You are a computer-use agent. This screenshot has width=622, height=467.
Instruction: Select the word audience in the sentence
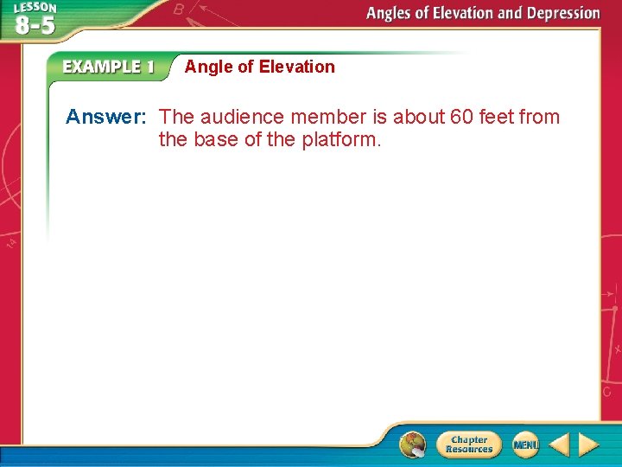[x=242, y=117]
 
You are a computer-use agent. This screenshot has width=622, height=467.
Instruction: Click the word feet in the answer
[x=498, y=117]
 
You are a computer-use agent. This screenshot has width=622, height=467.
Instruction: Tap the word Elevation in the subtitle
[x=296, y=67]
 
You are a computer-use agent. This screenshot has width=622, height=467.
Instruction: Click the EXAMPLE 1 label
[x=109, y=67]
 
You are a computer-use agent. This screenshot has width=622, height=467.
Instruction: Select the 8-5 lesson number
[x=35, y=25]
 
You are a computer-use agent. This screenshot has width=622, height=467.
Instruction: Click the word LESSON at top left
[x=35, y=8]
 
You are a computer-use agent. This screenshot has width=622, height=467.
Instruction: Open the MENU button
[x=525, y=445]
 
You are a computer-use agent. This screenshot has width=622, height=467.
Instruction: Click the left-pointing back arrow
[x=559, y=445]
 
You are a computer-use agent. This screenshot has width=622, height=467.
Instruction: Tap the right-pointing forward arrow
[x=588, y=445]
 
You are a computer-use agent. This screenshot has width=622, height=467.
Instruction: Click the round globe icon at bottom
[x=413, y=445]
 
